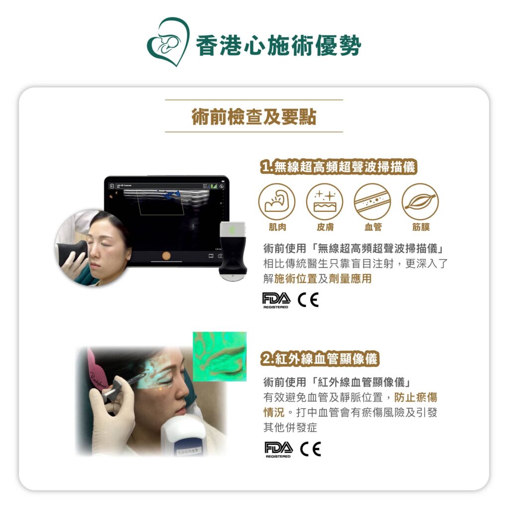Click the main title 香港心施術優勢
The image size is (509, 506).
coord(278,45)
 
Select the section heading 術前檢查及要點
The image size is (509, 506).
coord(254,116)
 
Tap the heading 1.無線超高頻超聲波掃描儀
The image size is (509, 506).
coord(339,167)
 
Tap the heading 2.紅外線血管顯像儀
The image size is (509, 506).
coord(320,359)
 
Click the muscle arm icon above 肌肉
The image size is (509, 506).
coord(277,202)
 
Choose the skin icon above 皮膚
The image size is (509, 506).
coord(325,202)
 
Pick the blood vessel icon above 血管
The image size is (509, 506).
coord(372,202)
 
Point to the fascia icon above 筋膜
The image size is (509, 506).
coord(421,202)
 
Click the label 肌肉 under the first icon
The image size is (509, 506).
coord(277,227)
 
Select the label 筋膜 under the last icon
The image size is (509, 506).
coord(421,227)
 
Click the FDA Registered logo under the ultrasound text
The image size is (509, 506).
coord(276,300)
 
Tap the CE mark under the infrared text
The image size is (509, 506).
coord(311,449)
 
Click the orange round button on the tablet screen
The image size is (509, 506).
coord(166,256)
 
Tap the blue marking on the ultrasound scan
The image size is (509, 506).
coord(172,195)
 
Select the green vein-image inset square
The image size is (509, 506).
coord(220,356)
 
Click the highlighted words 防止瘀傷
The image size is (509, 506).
coord(416,397)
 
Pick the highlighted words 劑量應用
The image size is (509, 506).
coord(350,278)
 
